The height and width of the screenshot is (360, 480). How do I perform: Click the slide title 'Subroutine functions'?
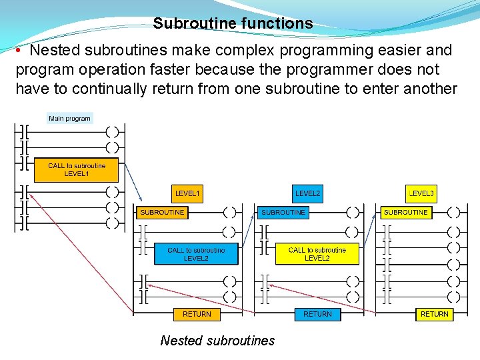(233, 23)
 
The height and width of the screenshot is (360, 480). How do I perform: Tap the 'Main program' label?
(69, 119)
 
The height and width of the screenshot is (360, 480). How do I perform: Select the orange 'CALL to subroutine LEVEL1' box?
(77, 169)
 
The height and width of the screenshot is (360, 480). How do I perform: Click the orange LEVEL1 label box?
(187, 193)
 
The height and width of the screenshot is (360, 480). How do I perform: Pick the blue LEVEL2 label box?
(307, 193)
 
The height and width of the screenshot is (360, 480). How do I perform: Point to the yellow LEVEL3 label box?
(421, 193)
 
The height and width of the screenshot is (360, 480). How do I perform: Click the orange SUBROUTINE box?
(162, 213)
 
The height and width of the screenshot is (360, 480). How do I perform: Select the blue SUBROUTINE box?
(283, 213)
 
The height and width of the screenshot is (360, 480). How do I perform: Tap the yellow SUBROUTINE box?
(405, 213)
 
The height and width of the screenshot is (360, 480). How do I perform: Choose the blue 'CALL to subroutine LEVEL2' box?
(196, 254)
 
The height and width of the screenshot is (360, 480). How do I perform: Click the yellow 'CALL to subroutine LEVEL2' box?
(317, 254)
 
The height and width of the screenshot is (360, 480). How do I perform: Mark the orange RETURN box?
(197, 314)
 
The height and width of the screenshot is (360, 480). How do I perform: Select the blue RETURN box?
(317, 314)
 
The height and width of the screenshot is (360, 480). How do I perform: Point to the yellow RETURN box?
(434, 314)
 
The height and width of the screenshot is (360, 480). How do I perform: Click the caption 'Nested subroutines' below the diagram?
(217, 341)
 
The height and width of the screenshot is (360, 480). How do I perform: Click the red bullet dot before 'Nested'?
(21, 51)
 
